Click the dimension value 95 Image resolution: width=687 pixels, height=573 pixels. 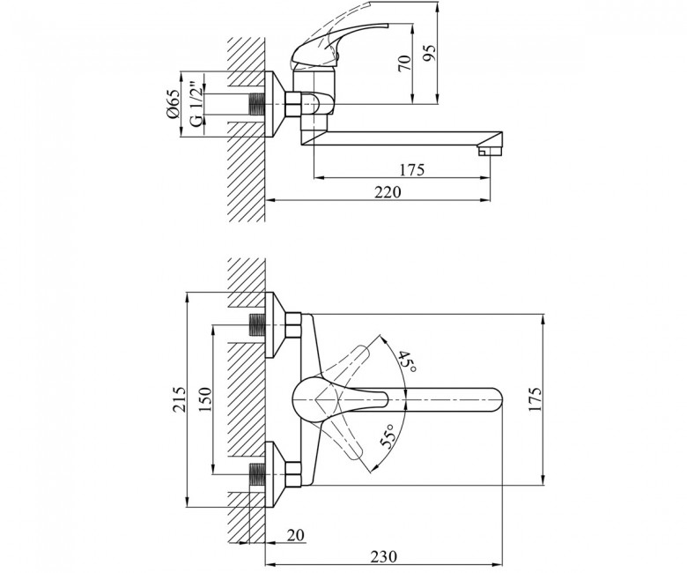(430, 54)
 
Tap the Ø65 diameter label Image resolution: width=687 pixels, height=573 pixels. (173, 103)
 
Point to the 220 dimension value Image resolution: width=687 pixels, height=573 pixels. (388, 192)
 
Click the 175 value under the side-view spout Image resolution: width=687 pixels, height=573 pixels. (411, 169)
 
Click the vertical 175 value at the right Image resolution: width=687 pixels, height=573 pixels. (536, 399)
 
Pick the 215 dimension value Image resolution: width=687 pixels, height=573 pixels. (178, 399)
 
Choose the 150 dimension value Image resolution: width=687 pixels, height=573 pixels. (204, 399)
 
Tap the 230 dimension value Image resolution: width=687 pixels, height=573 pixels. (384, 556)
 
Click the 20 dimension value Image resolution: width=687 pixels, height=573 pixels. (295, 535)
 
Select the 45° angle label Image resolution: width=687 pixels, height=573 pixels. (407, 362)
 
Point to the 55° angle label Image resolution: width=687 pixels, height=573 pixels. (388, 435)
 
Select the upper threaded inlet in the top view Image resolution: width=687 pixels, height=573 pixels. (257, 325)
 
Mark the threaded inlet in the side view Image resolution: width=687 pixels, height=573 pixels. (257, 105)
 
